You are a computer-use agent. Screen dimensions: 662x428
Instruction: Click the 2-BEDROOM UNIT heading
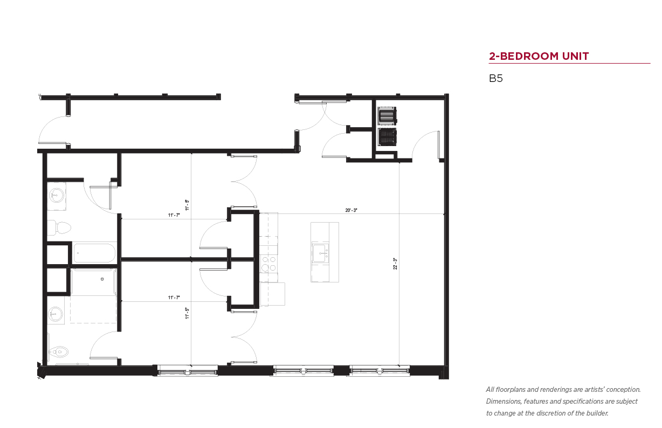[539, 56]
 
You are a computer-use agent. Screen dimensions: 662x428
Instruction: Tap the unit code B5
[496, 78]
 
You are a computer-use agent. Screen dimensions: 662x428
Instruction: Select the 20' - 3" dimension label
[351, 210]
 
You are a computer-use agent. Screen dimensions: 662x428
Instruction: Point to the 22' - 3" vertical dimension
[395, 264]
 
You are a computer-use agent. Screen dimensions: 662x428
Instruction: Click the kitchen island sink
[321, 253]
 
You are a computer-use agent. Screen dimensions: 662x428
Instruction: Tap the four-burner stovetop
[268, 264]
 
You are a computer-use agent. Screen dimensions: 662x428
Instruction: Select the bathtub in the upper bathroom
[94, 253]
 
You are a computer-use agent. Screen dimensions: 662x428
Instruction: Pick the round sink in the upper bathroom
[56, 196]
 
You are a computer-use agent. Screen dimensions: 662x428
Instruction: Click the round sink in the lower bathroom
[56, 314]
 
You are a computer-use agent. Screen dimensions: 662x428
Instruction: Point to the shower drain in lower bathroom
[102, 279]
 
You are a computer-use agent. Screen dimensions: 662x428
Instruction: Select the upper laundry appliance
[387, 116]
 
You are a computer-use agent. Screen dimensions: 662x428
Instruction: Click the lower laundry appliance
[387, 137]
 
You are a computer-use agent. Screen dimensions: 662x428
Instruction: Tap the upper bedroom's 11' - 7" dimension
[174, 215]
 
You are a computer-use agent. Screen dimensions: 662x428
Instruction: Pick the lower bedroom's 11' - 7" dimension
[174, 298]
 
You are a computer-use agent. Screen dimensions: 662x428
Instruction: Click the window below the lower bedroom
[187, 371]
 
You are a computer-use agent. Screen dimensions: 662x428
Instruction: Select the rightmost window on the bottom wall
[380, 371]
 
